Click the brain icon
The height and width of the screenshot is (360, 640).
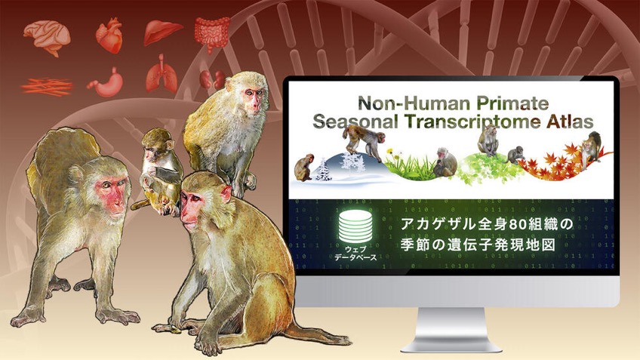tap(47, 37)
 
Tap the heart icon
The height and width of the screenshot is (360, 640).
tap(109, 35)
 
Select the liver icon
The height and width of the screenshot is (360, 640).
tap(163, 32)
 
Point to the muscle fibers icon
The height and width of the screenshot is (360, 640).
tap(47, 87)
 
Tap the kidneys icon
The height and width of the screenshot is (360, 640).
tap(212, 78)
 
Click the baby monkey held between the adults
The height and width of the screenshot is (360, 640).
tap(160, 172)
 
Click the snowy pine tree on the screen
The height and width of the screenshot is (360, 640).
tap(325, 168)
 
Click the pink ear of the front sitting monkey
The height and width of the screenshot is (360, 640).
tap(226, 193)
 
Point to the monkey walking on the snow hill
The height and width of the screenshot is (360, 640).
tap(363, 141)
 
